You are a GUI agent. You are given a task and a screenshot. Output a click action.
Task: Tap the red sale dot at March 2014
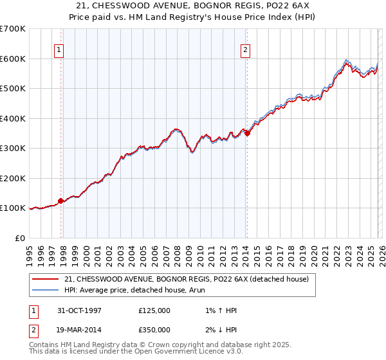point(247,134)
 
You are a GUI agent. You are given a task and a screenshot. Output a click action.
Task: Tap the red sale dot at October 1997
point(61,201)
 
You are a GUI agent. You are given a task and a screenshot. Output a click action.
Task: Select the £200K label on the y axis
point(13,178)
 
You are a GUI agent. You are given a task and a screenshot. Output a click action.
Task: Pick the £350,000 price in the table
point(154,328)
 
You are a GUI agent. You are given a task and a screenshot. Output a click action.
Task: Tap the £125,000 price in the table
point(154,310)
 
